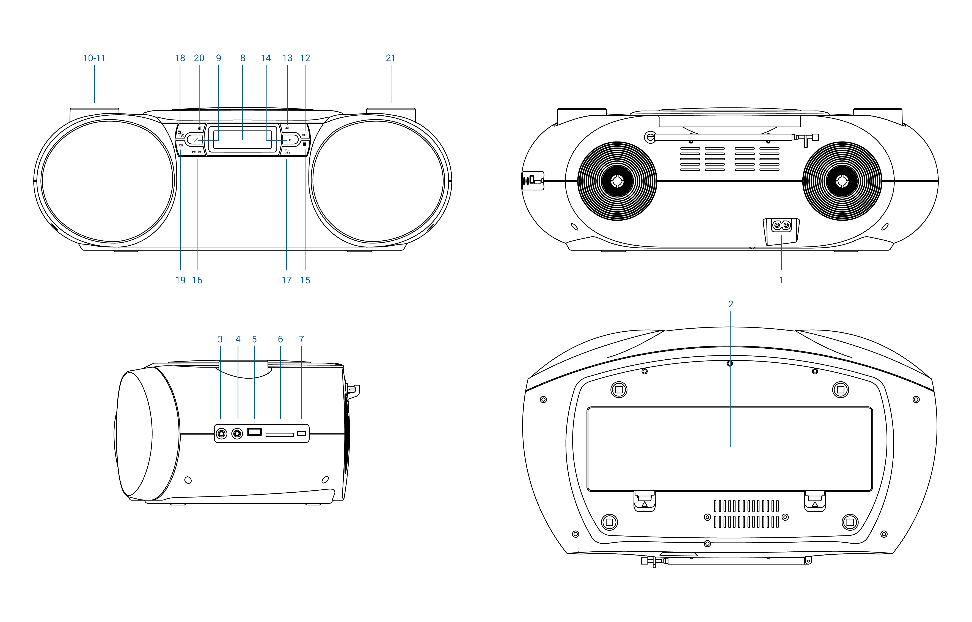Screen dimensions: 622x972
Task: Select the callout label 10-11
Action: point(94,58)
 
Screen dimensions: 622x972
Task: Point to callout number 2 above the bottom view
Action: point(730,304)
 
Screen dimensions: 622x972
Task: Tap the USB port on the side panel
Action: point(255,432)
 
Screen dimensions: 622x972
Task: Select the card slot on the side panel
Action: point(280,435)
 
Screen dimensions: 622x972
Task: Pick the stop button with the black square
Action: point(304,144)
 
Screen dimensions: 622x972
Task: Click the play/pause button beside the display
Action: point(290,140)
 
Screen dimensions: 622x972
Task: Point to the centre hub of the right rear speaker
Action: point(842,181)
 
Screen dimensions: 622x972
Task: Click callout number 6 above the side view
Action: point(280,339)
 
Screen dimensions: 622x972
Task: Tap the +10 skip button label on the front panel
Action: point(196,152)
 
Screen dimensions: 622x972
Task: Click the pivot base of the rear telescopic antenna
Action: point(650,137)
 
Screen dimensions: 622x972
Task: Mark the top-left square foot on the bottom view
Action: point(618,390)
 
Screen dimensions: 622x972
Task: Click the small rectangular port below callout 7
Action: point(301,433)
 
